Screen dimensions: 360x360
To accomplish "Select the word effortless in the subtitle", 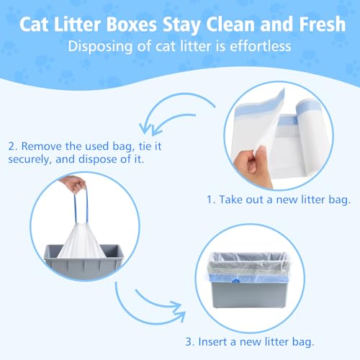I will tap(256, 47).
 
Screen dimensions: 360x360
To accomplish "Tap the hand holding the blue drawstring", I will tap(73, 184).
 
